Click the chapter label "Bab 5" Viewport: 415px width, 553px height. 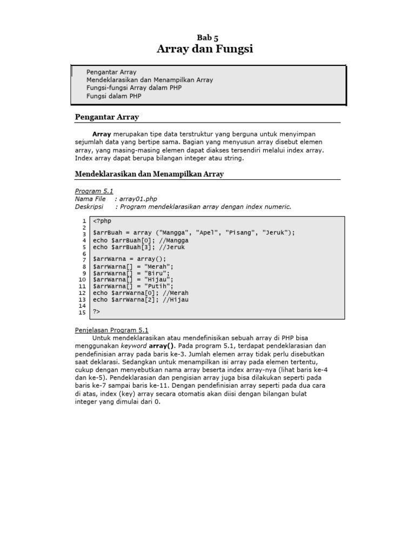coord(207,38)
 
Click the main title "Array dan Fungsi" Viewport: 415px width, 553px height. coord(205,50)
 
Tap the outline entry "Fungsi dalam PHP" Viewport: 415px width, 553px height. coord(114,96)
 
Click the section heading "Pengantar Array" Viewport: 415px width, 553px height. coord(106,117)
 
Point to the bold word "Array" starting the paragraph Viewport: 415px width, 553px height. coord(102,134)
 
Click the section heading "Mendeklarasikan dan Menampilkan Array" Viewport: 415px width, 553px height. coord(149,174)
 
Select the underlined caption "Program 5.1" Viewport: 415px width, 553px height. coord(93,191)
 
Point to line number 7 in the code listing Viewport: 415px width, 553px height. coord(84,260)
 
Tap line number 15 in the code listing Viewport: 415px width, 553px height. coord(82,312)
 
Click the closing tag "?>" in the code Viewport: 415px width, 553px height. coord(97,312)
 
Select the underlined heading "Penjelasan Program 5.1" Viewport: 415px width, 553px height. coord(111,330)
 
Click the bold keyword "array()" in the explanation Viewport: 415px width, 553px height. coord(162,346)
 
